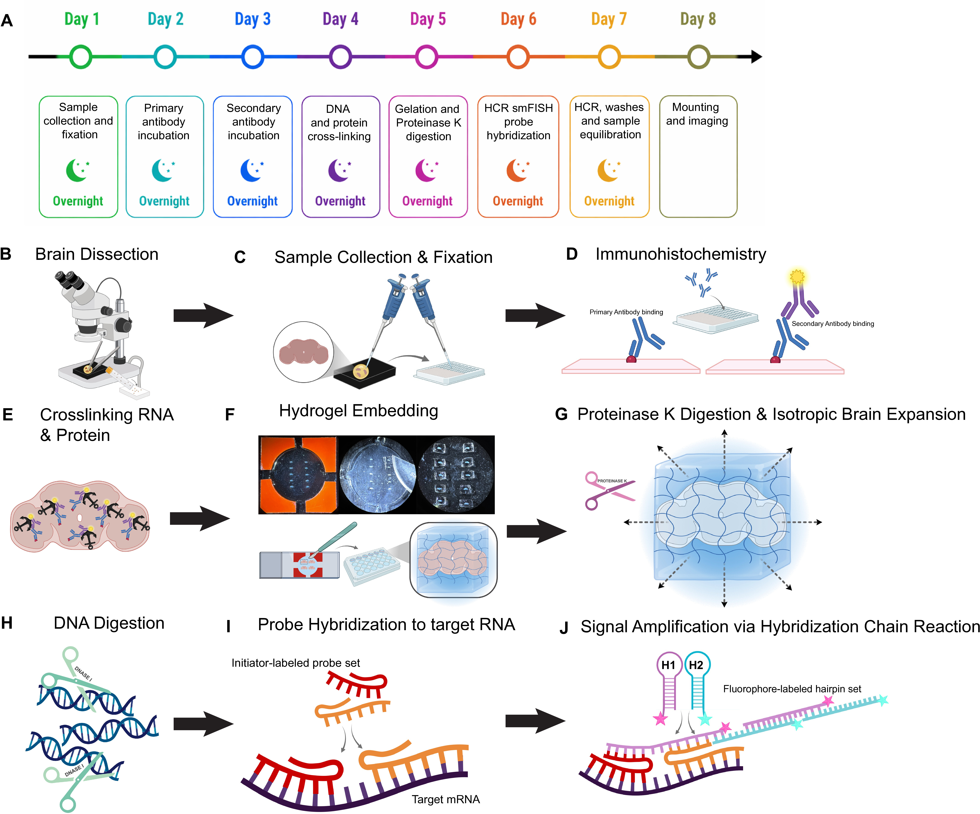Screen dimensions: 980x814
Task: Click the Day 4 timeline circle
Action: point(340,57)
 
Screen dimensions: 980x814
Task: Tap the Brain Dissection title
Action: point(97,254)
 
